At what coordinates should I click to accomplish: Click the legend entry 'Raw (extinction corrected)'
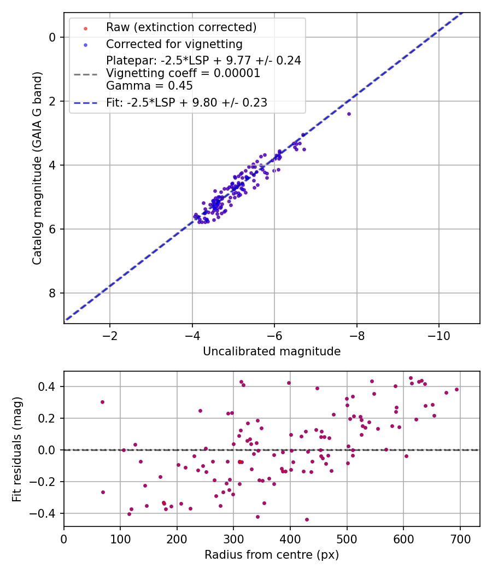pos(181,27)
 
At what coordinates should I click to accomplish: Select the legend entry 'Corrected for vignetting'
pos(174,44)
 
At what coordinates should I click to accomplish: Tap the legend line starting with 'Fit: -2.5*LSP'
pos(186,102)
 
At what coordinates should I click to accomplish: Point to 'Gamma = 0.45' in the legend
pos(149,86)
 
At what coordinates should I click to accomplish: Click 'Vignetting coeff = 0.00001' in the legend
pos(183,73)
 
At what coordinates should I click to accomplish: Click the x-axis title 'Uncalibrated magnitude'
pos(272,352)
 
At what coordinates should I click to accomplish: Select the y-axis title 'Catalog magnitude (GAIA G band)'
pos(37,167)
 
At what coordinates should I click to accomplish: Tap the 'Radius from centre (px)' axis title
pos(272,555)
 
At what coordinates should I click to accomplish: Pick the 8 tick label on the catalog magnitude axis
pos(52,293)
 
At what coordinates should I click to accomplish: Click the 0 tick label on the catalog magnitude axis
pos(52,37)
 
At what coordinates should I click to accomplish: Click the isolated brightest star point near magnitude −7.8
pos(349,114)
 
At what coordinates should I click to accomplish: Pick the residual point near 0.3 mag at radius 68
pos(102,402)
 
